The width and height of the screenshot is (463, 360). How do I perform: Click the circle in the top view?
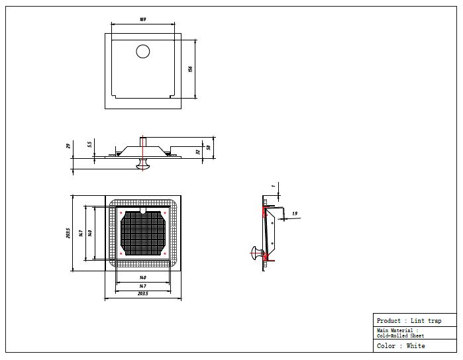coord(143,51)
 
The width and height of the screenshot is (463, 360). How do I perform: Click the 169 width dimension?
coord(143,19)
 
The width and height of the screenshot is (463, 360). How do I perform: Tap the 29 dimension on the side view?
coord(68,146)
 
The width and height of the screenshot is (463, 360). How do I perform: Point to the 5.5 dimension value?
coord(89,145)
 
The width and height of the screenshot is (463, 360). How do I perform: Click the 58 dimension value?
coord(208,148)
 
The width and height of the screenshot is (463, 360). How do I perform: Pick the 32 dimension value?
coord(197,151)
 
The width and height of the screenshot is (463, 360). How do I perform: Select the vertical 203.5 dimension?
coord(68,233)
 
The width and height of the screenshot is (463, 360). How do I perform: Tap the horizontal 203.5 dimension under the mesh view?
coord(143,293)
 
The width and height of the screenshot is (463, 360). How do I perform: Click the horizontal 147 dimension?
coord(143,285)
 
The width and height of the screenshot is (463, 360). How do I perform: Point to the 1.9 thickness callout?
coord(294,213)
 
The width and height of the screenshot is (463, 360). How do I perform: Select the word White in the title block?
coord(416,346)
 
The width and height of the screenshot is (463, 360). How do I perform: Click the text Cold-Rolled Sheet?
coord(397,336)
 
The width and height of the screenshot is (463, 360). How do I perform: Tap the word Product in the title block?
coord(388,321)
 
